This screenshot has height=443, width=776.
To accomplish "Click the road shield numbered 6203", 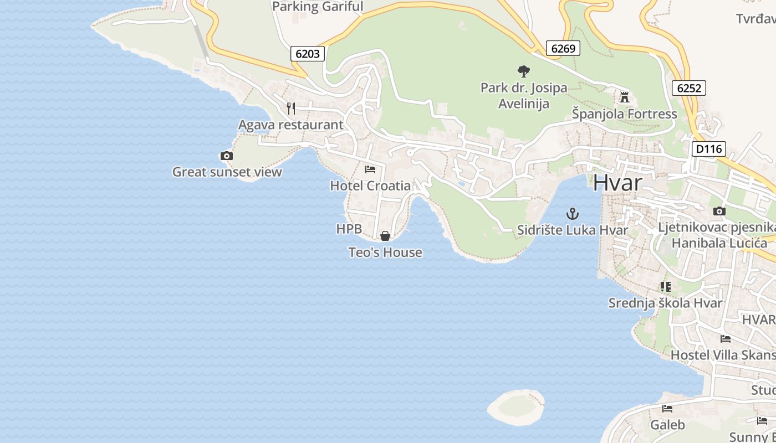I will pos(308,54).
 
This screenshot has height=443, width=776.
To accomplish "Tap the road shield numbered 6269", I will pos(563,48).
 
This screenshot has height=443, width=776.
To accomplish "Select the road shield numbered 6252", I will pos(689,87).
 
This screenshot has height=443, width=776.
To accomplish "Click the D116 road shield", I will pos(708,148).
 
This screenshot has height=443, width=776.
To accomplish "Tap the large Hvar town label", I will pos(617,183).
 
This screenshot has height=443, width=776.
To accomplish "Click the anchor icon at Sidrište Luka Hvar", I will pos(572,213).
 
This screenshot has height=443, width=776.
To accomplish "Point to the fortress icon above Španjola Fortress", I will pos(625,98).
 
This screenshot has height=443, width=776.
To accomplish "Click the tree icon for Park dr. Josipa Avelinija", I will pos(523,71).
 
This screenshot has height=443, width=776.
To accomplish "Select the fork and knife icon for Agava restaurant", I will pos(291,108).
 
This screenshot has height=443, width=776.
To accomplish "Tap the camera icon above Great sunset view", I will pos(226,156).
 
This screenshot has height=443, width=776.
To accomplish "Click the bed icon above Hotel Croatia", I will pos(370,169).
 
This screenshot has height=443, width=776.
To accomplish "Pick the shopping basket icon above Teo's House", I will pos(385,236).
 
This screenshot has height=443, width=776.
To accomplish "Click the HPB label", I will pos(349,229).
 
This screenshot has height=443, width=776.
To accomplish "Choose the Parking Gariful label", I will pos(318,7).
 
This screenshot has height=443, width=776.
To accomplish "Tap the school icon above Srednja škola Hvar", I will pos(665,287).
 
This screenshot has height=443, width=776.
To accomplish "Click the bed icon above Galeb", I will pos(667,409).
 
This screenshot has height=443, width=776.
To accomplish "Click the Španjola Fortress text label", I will pos(625,114).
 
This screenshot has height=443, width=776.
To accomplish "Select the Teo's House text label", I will pos(385,253).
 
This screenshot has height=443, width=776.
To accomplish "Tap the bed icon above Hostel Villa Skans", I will pos(725,339).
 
